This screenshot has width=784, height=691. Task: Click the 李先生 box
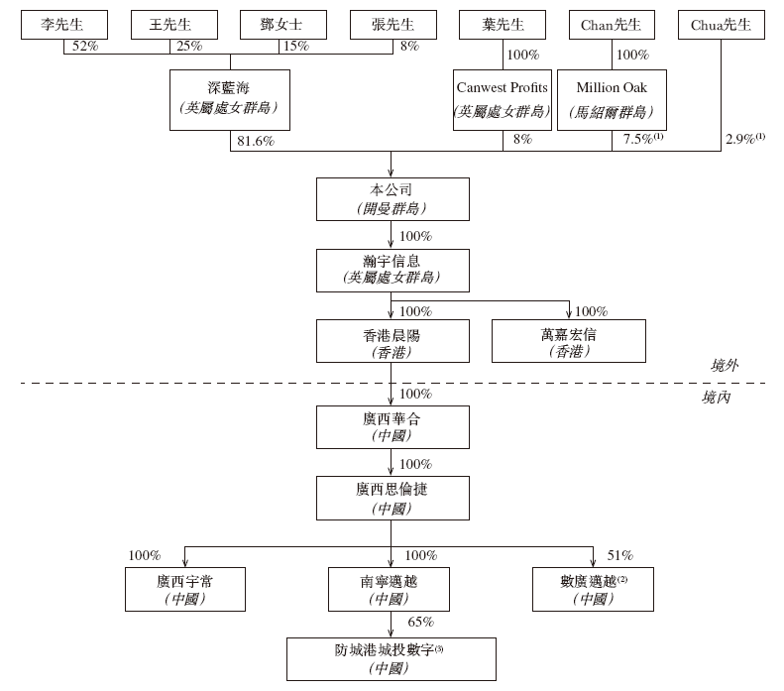pyautogui.click(x=64, y=25)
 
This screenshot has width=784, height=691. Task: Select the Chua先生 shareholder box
pyautogui.click(x=721, y=25)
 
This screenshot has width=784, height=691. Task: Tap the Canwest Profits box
pyautogui.click(x=502, y=100)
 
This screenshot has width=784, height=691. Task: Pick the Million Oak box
pyautogui.click(x=612, y=100)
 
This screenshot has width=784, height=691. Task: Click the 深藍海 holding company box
pyautogui.click(x=230, y=100)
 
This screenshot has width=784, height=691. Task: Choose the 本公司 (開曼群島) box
pyautogui.click(x=392, y=199)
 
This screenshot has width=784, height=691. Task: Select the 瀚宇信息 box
pyautogui.click(x=392, y=271)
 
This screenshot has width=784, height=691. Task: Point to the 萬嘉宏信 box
pyautogui.click(x=569, y=341)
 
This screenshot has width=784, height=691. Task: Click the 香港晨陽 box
pyautogui.click(x=392, y=341)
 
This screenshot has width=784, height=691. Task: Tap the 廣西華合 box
pyautogui.click(x=392, y=427)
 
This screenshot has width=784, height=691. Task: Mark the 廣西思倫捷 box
pyautogui.click(x=392, y=498)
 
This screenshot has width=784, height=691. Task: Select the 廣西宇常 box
pyautogui.click(x=185, y=589)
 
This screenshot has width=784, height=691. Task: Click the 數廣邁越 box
pyautogui.click(x=593, y=589)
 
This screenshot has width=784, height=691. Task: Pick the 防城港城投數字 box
pyautogui.click(x=391, y=659)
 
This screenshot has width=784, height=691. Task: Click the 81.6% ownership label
pyautogui.click(x=256, y=141)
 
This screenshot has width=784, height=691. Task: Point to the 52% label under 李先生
pyautogui.click(x=85, y=46)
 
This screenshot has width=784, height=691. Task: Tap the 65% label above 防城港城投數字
pyautogui.click(x=420, y=622)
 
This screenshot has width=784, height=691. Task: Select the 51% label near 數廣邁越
pyautogui.click(x=620, y=555)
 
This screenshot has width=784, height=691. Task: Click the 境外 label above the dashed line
pyautogui.click(x=725, y=366)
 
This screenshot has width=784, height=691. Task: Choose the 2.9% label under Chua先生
pyautogui.click(x=745, y=139)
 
